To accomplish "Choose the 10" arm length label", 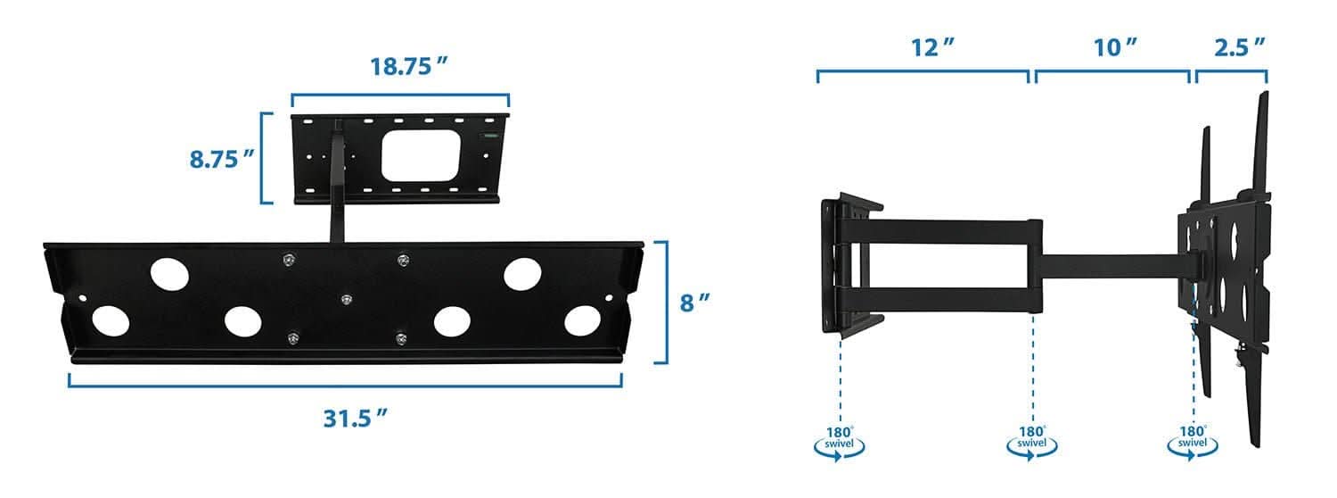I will pos(1116,48).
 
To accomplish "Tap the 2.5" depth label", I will pos(1241,48).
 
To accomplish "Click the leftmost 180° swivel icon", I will pos(840,442).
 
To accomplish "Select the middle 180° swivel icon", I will pos(1032,442).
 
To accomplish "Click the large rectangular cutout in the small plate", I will pos(421,154).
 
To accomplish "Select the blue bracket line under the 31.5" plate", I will pos(345,385).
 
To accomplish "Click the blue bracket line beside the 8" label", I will pos(664,302).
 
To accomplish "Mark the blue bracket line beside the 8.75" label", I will pos(262,158).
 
